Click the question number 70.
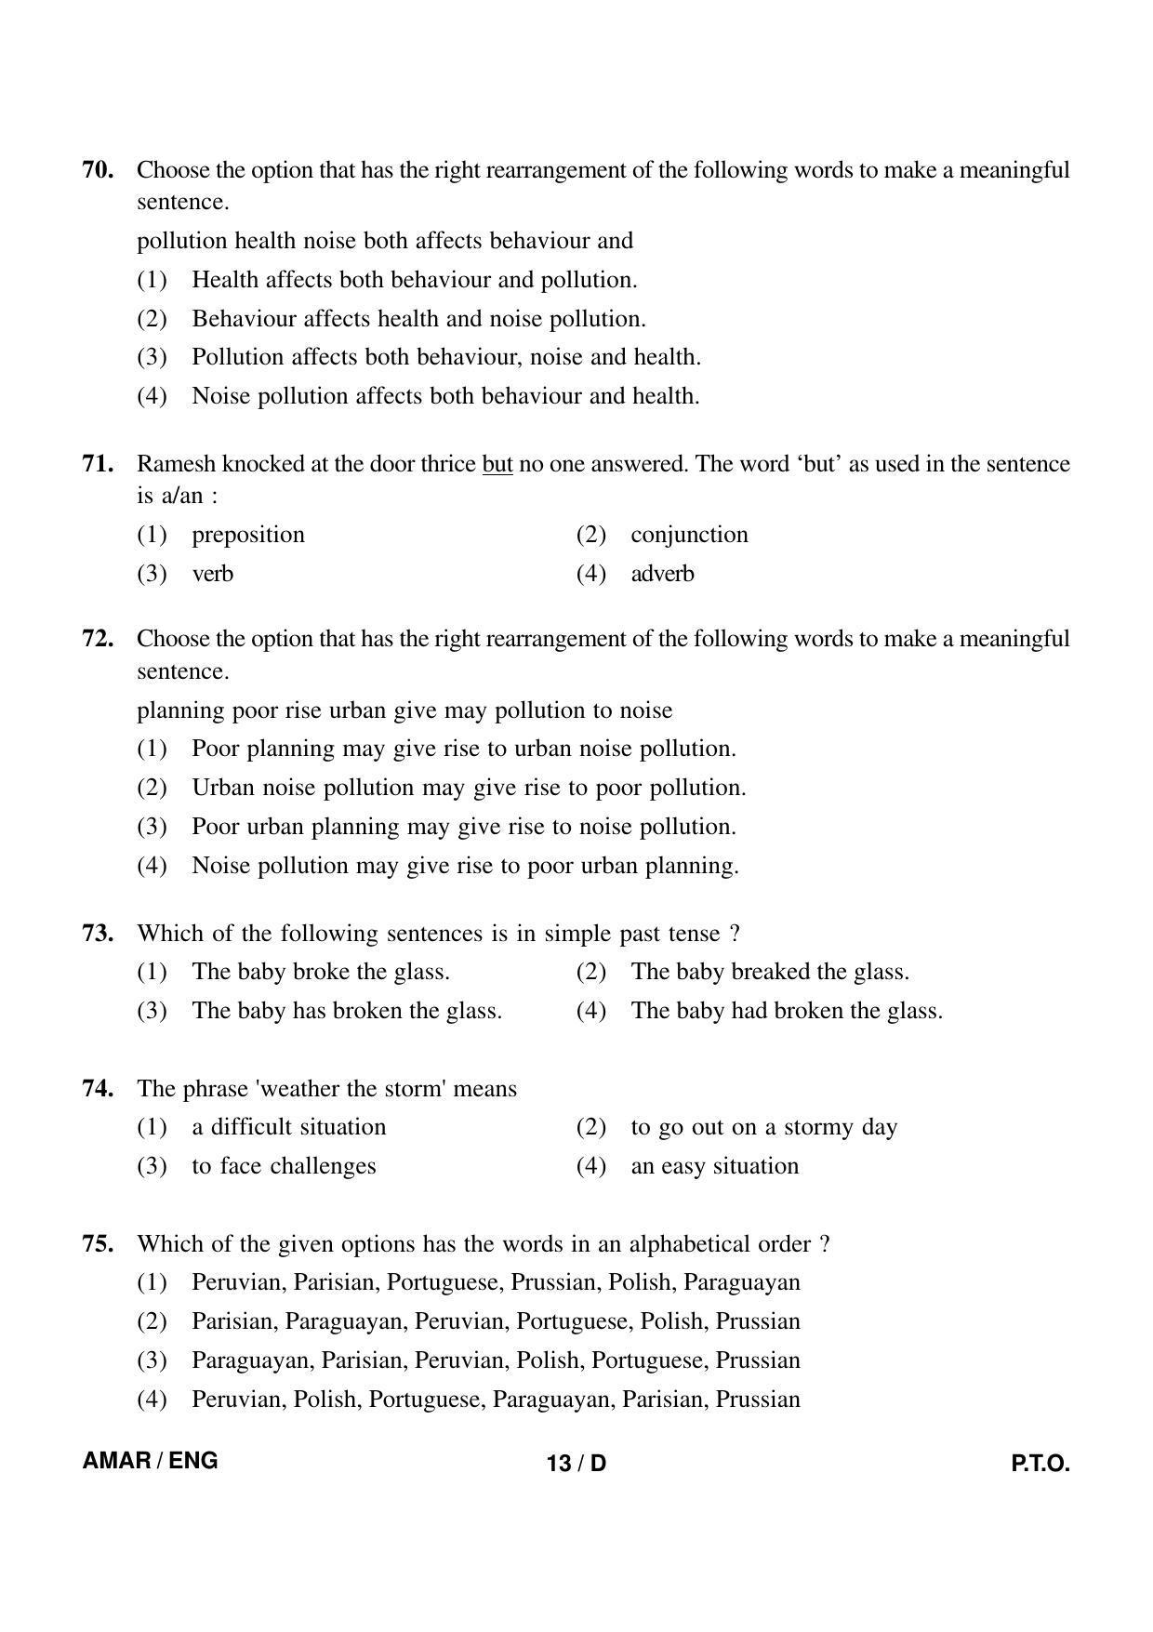(x=98, y=170)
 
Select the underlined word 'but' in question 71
(x=497, y=464)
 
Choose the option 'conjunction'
(x=689, y=535)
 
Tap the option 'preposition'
(x=248, y=535)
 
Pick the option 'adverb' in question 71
(x=662, y=574)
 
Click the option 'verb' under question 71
(x=212, y=574)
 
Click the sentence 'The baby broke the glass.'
(x=321, y=972)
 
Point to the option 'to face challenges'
(x=284, y=1166)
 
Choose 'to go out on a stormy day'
(x=763, y=1127)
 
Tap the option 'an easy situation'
(x=714, y=1166)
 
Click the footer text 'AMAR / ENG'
(x=151, y=1460)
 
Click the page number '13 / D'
(x=576, y=1464)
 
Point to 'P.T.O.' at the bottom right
(x=1040, y=1464)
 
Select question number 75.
(x=98, y=1244)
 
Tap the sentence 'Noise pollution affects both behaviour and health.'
(x=445, y=396)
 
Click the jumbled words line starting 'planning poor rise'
(x=404, y=710)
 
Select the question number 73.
(x=98, y=934)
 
